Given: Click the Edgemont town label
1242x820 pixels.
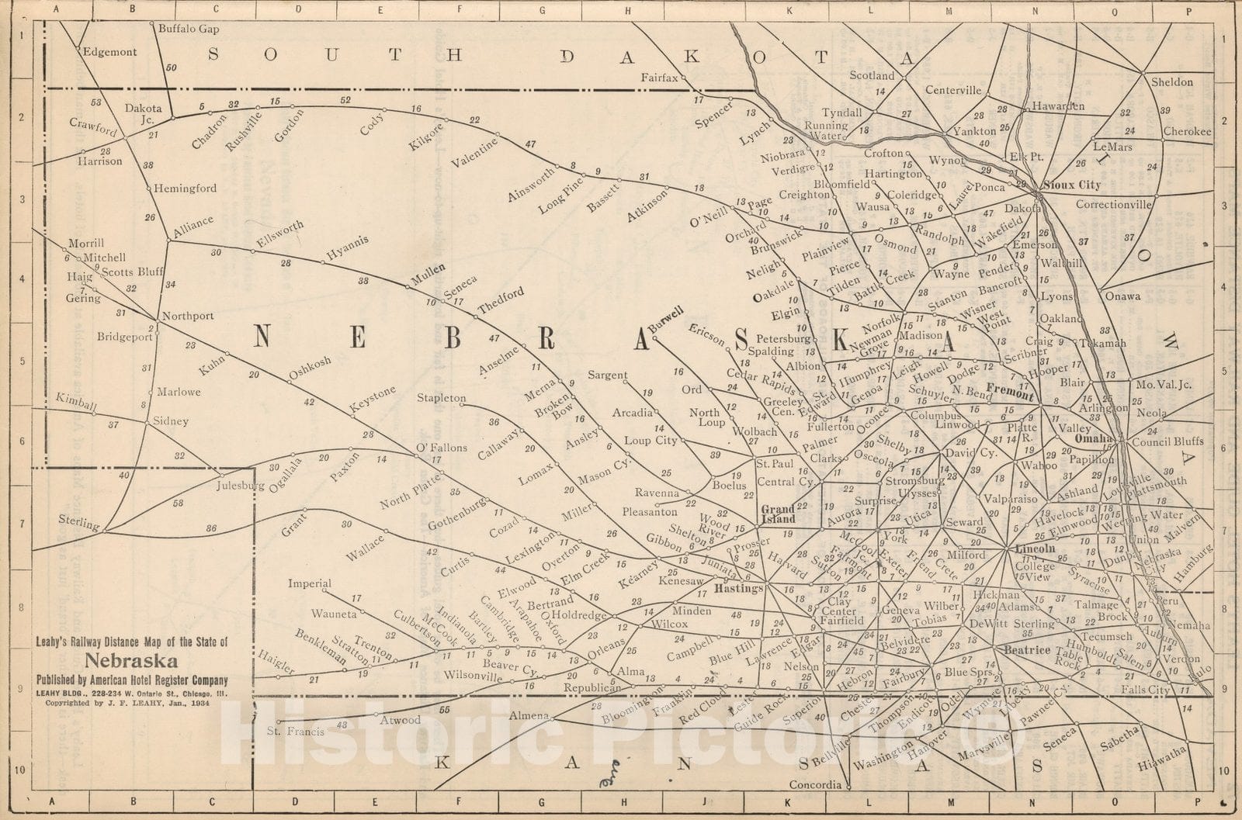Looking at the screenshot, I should pos(109,52).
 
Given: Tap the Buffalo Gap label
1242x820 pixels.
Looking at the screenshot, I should pos(188,29).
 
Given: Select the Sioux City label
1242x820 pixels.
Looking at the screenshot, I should pos(1073,185).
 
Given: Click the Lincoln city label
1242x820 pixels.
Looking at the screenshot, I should pos(1036,548).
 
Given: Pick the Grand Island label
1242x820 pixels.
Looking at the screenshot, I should pos(776,514).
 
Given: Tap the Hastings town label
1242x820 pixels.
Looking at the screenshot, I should pos(739,588).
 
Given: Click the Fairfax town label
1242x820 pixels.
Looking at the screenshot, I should pos(660,77).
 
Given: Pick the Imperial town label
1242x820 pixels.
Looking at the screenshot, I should pos(310,583).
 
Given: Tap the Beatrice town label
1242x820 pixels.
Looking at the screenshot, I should pos(1026,649).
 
